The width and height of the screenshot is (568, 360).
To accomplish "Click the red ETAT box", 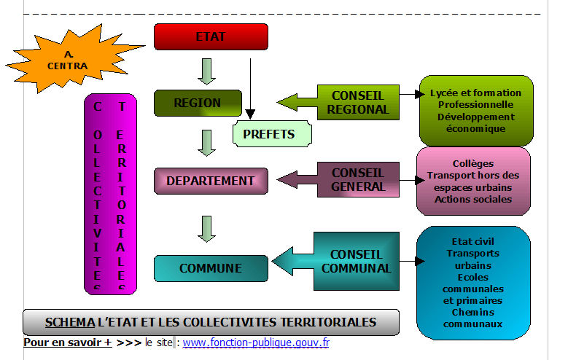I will (211, 36).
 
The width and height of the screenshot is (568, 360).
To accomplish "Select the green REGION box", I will (197, 103).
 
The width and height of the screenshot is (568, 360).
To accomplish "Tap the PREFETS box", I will (269, 134).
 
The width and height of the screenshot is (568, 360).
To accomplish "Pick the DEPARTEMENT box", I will (211, 181).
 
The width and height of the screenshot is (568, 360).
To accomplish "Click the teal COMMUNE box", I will (211, 268).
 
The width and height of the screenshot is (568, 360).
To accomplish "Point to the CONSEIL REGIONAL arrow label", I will (358, 102).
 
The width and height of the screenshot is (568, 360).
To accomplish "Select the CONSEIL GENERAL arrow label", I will (358, 179).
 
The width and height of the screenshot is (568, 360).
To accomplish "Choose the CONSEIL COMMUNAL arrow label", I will (356, 262).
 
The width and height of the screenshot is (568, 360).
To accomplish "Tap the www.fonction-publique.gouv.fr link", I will (255, 342).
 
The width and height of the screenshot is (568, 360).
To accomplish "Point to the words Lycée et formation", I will (476, 93).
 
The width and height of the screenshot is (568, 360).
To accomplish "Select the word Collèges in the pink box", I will (472, 164).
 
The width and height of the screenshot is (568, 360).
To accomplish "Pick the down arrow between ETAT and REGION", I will (207, 71).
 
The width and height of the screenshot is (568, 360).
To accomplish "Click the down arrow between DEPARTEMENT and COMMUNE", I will (207, 227).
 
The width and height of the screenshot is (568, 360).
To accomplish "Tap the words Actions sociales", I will (472, 199).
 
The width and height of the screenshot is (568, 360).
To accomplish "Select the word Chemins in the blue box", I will (472, 312).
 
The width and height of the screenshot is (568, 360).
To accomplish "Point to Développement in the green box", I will (475, 117).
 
